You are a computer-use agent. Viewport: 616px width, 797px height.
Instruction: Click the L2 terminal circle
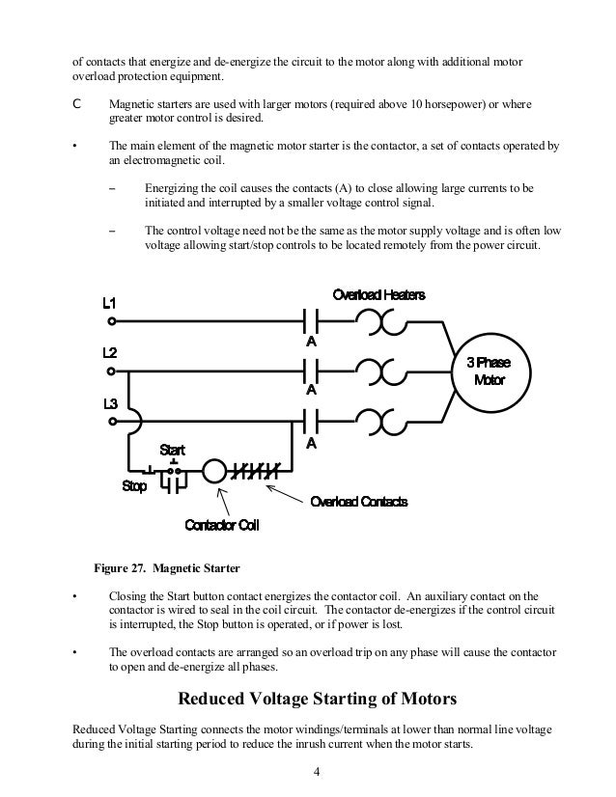[x=112, y=371]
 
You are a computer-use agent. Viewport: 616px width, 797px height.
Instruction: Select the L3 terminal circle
[x=112, y=422]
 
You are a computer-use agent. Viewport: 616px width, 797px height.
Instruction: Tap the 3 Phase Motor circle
[x=489, y=371]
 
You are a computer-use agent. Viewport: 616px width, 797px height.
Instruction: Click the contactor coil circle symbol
[x=214, y=472]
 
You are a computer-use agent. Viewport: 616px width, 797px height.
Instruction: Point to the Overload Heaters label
[x=378, y=294]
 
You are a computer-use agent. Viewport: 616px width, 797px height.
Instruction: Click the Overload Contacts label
[x=358, y=502]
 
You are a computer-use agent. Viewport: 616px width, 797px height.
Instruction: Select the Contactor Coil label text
[x=221, y=526]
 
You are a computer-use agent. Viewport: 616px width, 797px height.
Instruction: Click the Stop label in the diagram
[x=134, y=486]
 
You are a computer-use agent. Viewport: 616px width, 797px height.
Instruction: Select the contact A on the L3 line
[x=312, y=422]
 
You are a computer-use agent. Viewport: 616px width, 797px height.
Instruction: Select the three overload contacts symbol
[x=256, y=472]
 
